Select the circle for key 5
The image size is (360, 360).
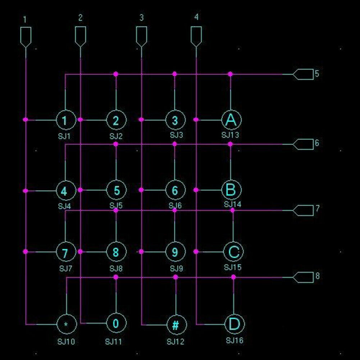(116, 190)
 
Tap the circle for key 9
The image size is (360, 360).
(175, 252)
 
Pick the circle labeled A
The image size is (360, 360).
(231, 120)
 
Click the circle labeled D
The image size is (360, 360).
(234, 324)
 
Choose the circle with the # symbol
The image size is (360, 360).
(176, 325)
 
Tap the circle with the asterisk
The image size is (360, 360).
(67, 324)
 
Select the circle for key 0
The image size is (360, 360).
(116, 324)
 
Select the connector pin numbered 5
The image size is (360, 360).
(303, 74)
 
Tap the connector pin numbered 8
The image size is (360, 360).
(303, 277)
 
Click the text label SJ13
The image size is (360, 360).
(230, 135)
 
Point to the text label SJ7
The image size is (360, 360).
(65, 268)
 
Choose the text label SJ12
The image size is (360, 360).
(175, 341)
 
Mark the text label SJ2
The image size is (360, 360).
(116, 136)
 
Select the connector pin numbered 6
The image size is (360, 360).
(303, 144)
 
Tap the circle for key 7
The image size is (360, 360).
(65, 252)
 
